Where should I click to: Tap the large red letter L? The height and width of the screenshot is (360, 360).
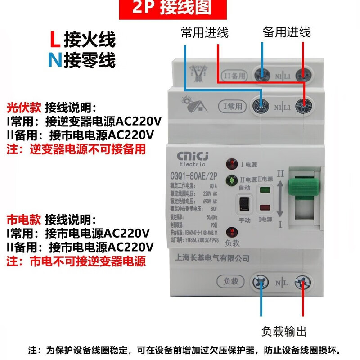[54, 40]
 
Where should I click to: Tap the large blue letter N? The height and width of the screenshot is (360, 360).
[54, 60]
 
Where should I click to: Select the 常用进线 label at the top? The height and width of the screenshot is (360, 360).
[205, 33]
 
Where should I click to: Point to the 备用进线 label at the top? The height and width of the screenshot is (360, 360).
[287, 32]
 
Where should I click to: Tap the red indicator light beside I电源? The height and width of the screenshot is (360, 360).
[232, 162]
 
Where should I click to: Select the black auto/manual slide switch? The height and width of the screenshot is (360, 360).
[244, 204]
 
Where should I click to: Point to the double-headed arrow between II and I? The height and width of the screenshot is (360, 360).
[279, 198]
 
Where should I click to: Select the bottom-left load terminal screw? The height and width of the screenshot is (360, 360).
[260, 283]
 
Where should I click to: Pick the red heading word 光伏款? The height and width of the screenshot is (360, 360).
[24, 108]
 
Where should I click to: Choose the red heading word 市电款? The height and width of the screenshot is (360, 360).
[24, 220]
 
